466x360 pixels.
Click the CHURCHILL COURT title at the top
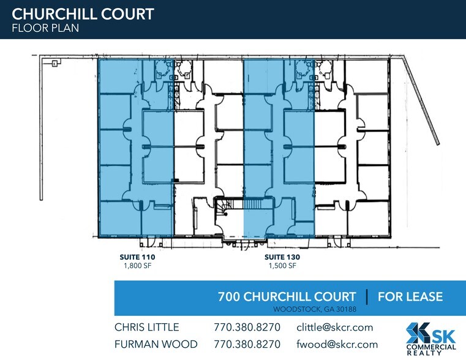click(83, 13)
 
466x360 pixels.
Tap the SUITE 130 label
click(282, 258)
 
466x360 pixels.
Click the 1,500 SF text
click(282, 266)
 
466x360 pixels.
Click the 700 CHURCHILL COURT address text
click(287, 296)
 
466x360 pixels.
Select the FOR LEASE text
click(410, 296)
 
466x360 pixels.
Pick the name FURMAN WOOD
click(156, 344)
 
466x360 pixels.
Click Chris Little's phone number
click(247, 327)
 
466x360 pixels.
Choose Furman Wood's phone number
click(247, 344)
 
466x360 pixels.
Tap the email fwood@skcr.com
click(336, 344)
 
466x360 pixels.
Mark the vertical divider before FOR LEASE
click(366, 296)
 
